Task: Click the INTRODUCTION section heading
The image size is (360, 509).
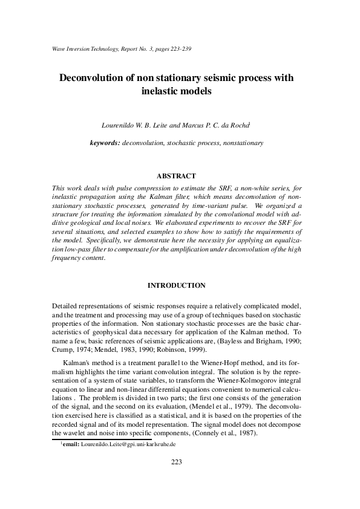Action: (176, 285)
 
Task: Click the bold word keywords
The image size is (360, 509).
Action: (104, 143)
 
